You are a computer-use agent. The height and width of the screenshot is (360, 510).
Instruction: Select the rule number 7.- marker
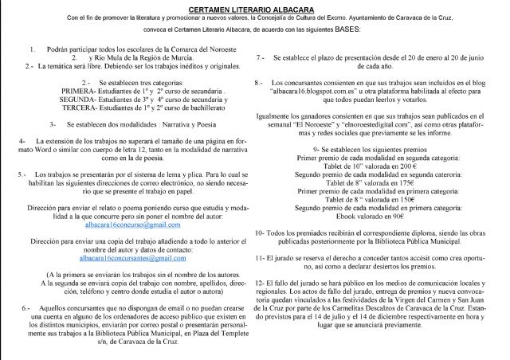point(261,59)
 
